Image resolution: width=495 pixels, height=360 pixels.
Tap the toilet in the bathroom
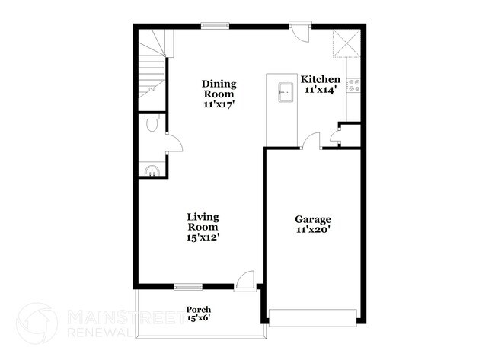(151, 124)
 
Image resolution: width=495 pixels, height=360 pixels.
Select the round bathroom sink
(151, 169)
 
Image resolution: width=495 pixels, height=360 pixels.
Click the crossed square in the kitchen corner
(346, 44)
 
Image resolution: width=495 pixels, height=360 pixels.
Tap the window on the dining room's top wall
(215, 26)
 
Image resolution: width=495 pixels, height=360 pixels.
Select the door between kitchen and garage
(309, 140)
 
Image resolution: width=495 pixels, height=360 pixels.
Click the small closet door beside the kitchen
(336, 137)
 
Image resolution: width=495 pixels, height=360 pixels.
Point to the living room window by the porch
(187, 286)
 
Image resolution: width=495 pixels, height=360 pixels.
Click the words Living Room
(203, 221)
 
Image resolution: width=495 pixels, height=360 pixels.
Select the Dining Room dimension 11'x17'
(219, 104)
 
